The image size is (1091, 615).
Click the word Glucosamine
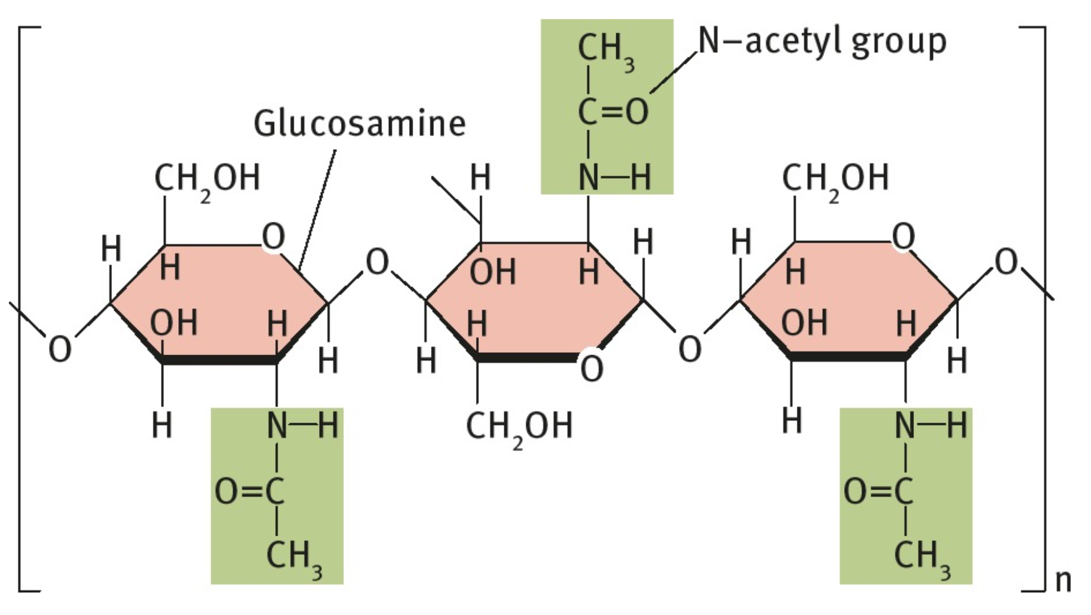click(359, 124)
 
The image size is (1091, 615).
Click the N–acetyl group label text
click(822, 41)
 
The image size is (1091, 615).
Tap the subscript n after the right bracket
click(1063, 581)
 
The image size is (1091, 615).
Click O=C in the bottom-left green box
click(249, 491)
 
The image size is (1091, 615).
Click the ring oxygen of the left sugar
click(273, 237)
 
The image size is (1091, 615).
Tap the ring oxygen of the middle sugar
click(591, 368)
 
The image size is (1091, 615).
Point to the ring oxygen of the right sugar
click(903, 237)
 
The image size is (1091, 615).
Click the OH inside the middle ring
click(493, 272)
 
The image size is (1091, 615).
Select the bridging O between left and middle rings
click(377, 262)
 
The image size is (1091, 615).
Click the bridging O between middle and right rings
click(690, 349)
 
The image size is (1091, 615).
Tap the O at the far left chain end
click(60, 349)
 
